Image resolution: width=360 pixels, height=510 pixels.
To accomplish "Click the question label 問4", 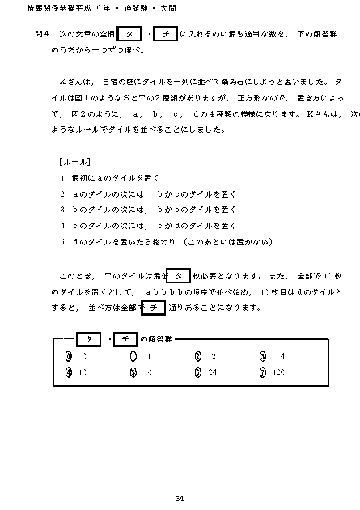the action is (x=43, y=36).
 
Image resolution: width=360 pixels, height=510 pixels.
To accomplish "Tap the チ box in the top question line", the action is (x=165, y=36).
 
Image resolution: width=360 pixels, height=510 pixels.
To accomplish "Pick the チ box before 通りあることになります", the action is (x=153, y=308).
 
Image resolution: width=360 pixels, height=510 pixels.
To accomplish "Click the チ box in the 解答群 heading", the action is (x=126, y=338).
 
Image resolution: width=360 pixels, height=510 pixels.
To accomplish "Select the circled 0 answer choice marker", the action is (x=70, y=356).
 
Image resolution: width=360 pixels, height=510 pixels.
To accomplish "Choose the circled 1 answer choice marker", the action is (x=133, y=356).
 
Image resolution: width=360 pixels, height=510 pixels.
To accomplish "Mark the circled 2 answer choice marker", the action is (x=198, y=356).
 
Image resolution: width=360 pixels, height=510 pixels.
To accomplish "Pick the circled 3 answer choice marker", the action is (x=263, y=356).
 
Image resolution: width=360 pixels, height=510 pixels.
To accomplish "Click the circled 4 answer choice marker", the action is (x=70, y=373).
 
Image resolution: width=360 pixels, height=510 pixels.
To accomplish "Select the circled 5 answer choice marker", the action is (x=133, y=373).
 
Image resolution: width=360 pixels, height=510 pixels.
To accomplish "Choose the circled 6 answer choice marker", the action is (x=198, y=373).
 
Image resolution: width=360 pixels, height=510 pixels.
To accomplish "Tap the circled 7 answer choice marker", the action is (x=263, y=373).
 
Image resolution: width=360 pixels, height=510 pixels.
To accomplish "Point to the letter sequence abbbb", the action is (x=166, y=291).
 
